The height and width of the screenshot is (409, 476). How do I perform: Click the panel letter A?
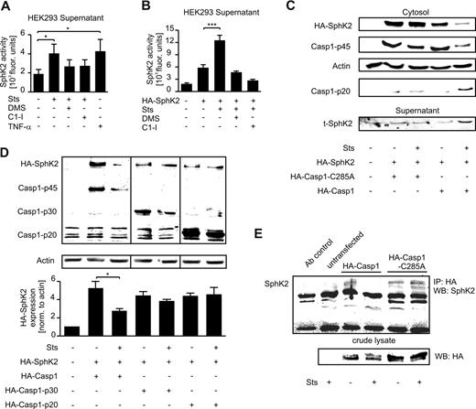click(6, 7)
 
